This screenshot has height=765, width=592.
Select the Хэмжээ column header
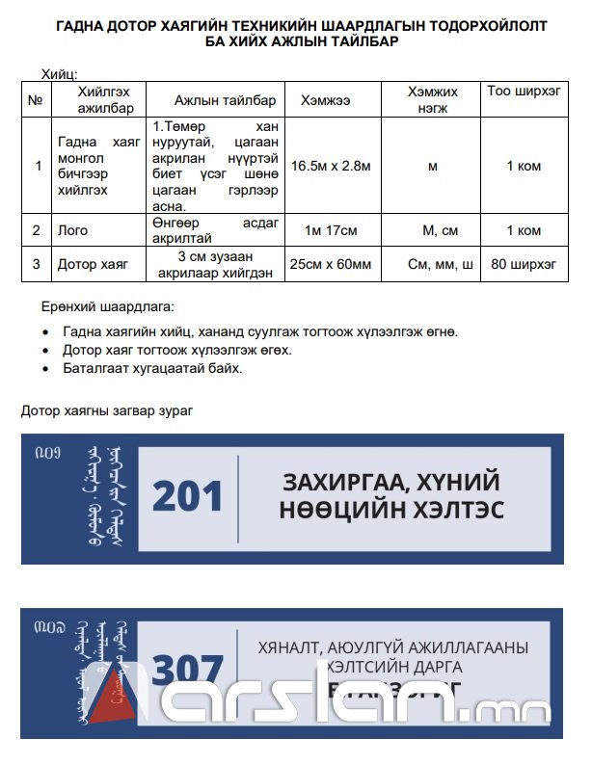click(325, 100)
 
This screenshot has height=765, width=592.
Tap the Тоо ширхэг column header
click(524, 92)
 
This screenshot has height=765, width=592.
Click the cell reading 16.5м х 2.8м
click(331, 166)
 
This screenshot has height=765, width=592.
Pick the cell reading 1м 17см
click(331, 230)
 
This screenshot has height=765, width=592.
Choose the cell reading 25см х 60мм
click(331, 263)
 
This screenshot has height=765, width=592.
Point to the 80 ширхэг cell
click(524, 263)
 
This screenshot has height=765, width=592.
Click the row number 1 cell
click(38, 166)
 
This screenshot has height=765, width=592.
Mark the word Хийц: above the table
click(59, 74)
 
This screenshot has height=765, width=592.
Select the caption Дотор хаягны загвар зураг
click(107, 410)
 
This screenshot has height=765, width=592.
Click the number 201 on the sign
click(188, 497)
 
